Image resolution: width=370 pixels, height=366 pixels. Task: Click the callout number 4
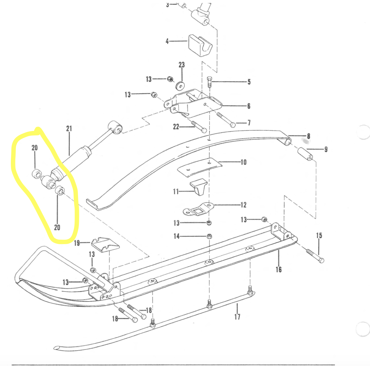pos(167,41)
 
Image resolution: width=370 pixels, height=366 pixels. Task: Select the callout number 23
pos(182,65)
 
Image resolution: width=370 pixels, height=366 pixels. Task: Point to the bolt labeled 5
pos(209,82)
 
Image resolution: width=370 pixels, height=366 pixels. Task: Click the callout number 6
pos(249,106)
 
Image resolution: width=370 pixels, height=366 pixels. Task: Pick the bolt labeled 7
pos(226,120)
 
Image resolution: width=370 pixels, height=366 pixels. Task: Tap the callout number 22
pos(176,127)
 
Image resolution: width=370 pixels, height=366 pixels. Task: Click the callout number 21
pos(69,129)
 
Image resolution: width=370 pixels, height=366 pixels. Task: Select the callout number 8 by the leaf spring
pos(309,136)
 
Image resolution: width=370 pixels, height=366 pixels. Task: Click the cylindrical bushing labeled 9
pos(305,154)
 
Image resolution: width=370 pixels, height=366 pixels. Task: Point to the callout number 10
pos(243,162)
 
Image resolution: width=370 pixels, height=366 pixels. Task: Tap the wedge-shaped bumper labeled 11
pos(199,187)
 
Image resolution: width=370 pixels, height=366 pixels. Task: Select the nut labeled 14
pos(209,236)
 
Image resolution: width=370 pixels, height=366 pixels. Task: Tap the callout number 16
pos(279,270)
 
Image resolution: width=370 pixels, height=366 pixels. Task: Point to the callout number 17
pos(237,317)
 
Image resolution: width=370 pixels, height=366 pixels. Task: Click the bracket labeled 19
pos(105,244)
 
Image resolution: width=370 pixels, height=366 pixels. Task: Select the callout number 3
pos(167,5)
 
